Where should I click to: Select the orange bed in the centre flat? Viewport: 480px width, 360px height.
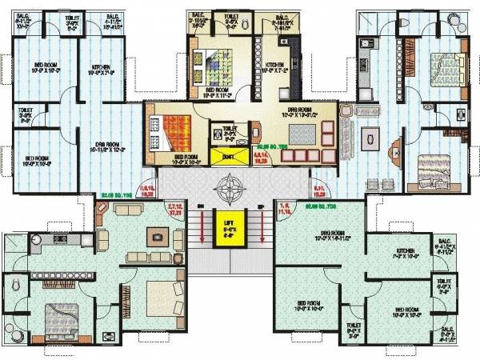(170, 128)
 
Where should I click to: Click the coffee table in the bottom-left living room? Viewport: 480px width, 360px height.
(158, 236)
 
